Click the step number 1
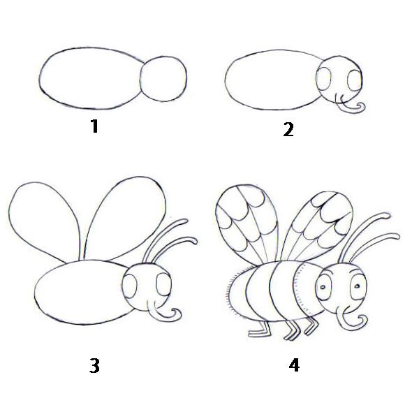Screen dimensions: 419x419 (x=94, y=126)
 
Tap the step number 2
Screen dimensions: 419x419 (x=288, y=130)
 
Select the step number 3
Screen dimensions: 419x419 (x=94, y=365)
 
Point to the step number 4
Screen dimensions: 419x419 (x=294, y=365)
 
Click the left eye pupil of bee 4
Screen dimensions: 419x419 (x=323, y=288)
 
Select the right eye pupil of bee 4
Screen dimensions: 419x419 (x=357, y=286)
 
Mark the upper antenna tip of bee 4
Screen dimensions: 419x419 (x=388, y=214)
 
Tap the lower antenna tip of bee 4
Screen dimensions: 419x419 (x=397, y=236)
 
